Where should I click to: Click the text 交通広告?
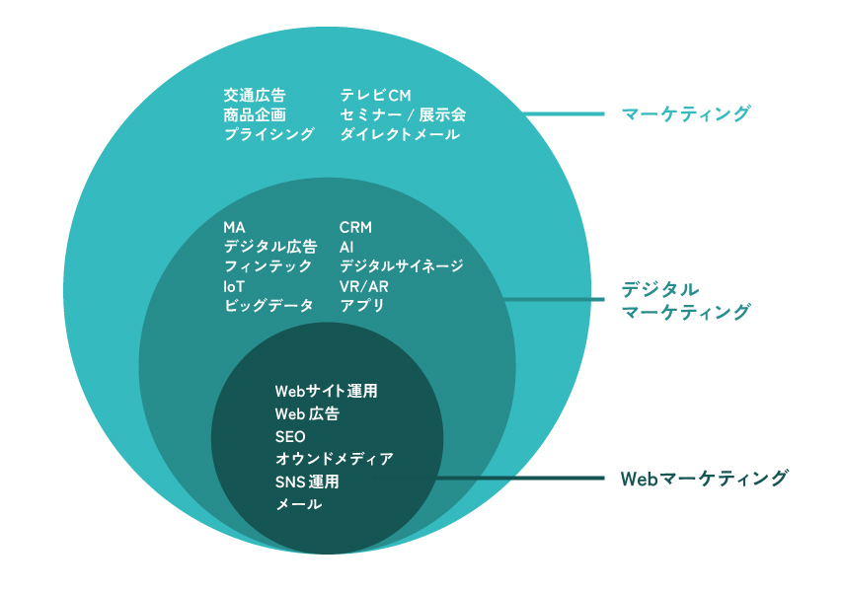pos(254,96)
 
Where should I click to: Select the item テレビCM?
pos(374,96)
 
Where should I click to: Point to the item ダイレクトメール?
pos(399,135)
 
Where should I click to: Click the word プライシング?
pos(268,135)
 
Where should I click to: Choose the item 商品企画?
pos(254,115)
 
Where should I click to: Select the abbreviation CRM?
pos(355,228)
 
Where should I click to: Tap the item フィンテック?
pos(268,266)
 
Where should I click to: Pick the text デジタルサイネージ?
pos(401,266)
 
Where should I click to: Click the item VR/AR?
pos(364,286)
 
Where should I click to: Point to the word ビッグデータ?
pos(268,306)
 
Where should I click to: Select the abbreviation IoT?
pos(234,286)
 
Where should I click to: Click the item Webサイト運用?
pos(326,392)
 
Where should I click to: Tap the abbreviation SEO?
pos(290,437)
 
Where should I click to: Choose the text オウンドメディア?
pos(334,460)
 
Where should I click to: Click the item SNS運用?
pos(306,483)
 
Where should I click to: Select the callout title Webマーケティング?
pos(705,479)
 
